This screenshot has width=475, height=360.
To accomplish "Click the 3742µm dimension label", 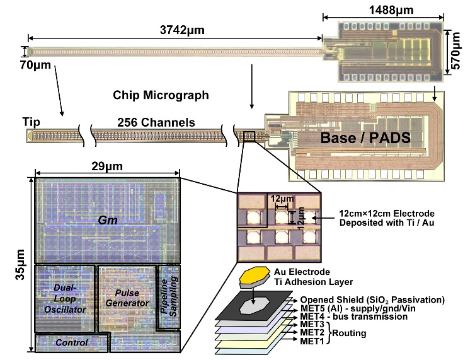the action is click(x=182, y=30).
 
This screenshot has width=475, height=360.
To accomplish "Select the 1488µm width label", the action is click(x=391, y=10).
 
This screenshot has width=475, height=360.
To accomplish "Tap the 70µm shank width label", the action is click(x=35, y=65).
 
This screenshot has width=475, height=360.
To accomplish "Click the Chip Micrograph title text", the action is click(x=161, y=95).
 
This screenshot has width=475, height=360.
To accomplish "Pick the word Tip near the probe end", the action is click(x=31, y=122).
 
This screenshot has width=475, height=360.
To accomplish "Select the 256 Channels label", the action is click(x=156, y=122).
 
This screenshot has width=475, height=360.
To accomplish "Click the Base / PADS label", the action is click(x=365, y=138).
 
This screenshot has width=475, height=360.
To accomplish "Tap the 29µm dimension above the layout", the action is click(x=107, y=166).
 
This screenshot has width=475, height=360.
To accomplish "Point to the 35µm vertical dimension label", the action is click(x=20, y=264).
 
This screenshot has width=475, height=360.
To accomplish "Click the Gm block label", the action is click(x=108, y=220).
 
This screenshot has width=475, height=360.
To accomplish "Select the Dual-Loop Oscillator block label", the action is click(x=65, y=298).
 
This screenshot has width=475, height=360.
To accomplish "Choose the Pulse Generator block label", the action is click(x=127, y=298).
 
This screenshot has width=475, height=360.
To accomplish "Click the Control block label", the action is click(x=71, y=343).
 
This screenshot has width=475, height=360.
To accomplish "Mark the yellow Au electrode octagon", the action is click(x=255, y=274).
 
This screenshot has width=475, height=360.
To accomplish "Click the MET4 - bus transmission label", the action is click(x=354, y=316).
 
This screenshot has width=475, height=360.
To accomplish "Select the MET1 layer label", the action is click(x=312, y=341).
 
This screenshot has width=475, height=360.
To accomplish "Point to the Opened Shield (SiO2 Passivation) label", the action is click(x=372, y=300).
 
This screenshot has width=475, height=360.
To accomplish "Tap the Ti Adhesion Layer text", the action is click(x=314, y=282).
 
